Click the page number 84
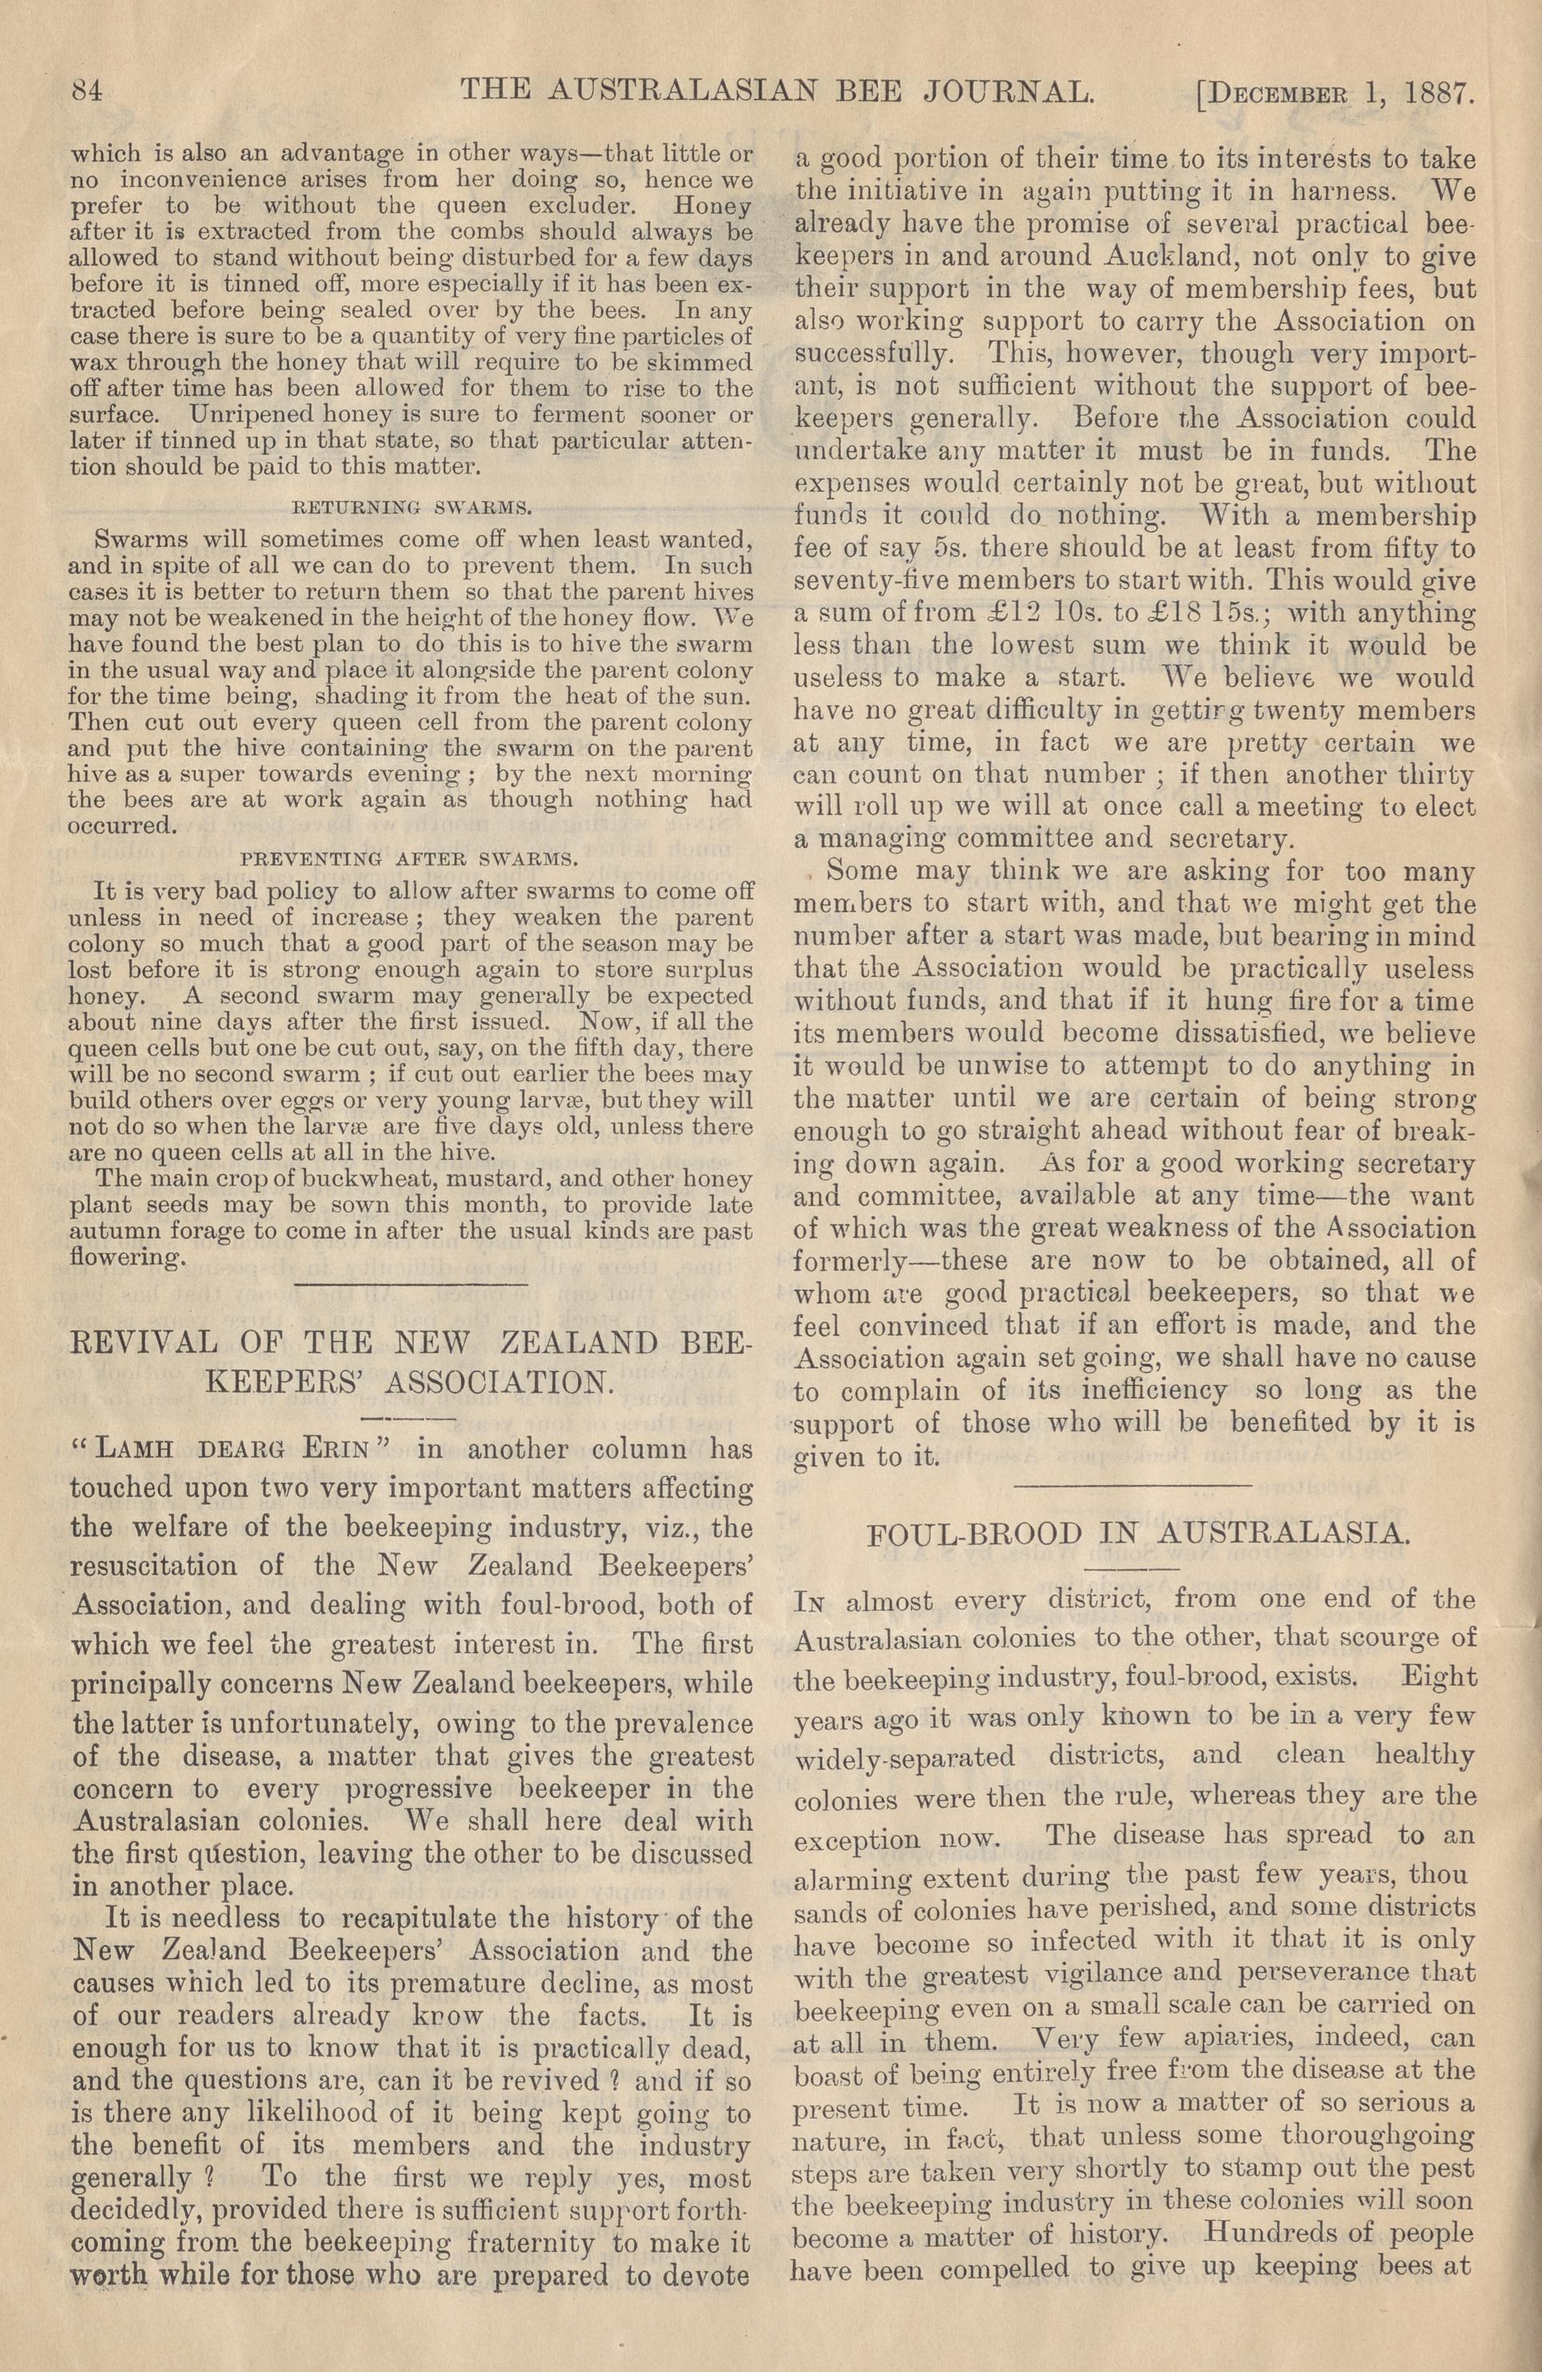coord(88,93)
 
